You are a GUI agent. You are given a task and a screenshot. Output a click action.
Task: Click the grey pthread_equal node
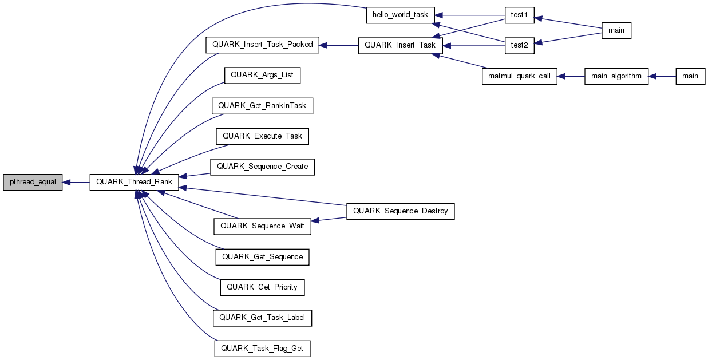(x=33, y=182)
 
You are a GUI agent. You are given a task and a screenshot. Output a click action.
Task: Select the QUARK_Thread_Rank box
(x=135, y=182)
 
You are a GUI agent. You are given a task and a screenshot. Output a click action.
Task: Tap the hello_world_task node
(x=401, y=15)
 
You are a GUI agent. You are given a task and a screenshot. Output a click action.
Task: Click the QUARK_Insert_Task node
(x=400, y=45)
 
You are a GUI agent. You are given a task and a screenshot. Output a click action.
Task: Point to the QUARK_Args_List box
(x=262, y=76)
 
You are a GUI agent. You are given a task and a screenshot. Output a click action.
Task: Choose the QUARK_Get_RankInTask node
(x=263, y=106)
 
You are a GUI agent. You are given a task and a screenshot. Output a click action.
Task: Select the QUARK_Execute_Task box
(x=262, y=136)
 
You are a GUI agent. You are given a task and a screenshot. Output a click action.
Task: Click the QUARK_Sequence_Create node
(x=263, y=167)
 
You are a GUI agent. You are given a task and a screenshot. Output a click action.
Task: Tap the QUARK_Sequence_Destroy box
(x=401, y=211)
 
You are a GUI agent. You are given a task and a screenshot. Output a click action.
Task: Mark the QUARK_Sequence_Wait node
(x=263, y=226)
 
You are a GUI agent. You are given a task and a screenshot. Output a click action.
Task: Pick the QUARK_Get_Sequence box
(x=262, y=257)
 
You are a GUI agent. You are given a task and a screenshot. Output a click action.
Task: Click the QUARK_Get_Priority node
(x=262, y=287)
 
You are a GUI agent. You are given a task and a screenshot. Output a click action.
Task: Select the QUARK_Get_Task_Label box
(x=263, y=318)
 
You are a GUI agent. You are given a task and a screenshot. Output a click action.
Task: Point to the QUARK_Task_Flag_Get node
(x=263, y=348)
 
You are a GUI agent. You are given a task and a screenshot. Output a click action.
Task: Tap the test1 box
(x=519, y=15)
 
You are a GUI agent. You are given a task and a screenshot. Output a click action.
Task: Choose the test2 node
(x=519, y=45)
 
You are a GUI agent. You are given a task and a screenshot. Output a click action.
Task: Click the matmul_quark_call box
(x=519, y=76)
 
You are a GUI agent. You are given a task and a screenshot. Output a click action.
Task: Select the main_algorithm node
(x=616, y=76)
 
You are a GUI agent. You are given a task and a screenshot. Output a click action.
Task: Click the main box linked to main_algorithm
(x=690, y=76)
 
